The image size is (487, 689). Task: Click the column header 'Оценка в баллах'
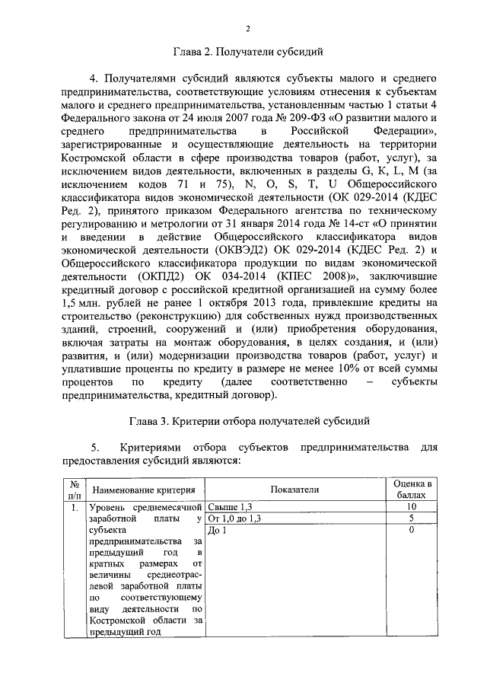pos(412,489)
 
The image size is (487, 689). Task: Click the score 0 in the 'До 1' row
pos(412,531)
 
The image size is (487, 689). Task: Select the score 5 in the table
pos(412,518)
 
